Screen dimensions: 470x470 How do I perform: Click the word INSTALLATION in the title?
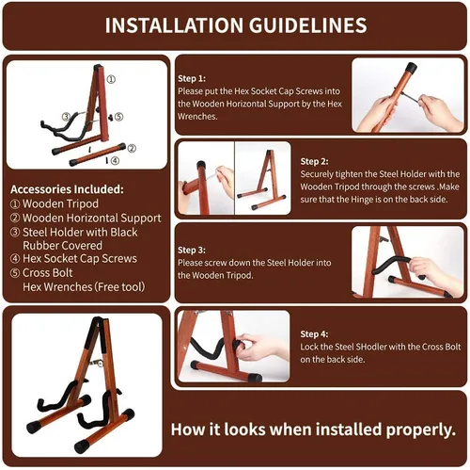[174, 25]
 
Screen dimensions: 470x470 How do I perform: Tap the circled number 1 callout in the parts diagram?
[111, 79]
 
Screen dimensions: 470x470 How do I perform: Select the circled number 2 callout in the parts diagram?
[132, 148]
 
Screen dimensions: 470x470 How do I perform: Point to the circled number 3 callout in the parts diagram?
[66, 117]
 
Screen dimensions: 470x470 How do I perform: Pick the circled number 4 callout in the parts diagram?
[116, 161]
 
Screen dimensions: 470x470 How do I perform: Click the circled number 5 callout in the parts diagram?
[118, 117]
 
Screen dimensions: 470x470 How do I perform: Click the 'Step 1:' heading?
[192, 78]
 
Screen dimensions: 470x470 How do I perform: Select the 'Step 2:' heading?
[314, 161]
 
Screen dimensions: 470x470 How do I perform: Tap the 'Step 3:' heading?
[192, 251]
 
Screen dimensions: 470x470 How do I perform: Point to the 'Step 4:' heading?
[314, 334]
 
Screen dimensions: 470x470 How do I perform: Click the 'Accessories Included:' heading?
[67, 189]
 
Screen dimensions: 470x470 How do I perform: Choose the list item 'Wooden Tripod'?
[60, 203]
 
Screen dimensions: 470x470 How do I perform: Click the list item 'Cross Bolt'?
[48, 273]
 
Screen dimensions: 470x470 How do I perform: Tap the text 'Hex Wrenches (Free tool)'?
[84, 287]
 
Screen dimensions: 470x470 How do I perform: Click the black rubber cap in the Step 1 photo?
[412, 68]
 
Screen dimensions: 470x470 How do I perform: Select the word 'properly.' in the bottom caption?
[421, 429]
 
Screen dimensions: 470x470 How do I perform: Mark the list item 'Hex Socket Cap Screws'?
[80, 259]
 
